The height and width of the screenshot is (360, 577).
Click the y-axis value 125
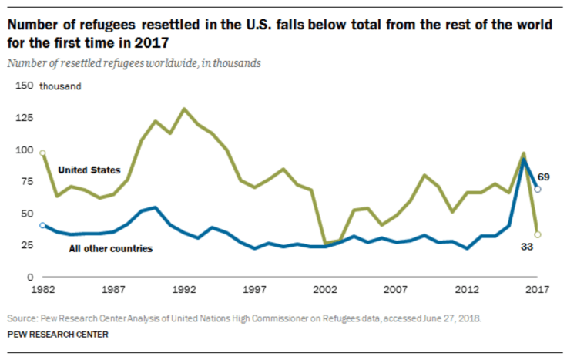tap(25, 118)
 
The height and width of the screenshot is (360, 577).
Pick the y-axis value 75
tap(27, 181)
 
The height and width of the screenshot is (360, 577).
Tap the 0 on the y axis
tap(32, 276)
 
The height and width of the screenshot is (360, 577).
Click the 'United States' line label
tap(89, 170)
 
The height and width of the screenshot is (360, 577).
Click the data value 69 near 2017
tap(543, 178)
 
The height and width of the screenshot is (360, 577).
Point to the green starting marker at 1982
tap(42, 153)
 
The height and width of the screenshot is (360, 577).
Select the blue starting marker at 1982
tap(42, 225)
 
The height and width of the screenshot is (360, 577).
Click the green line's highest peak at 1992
tap(183, 109)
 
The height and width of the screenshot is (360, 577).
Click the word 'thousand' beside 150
tap(60, 86)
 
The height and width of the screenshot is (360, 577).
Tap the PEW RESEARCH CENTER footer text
tap(58, 335)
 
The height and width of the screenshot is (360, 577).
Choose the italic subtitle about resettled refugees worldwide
tap(134, 63)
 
